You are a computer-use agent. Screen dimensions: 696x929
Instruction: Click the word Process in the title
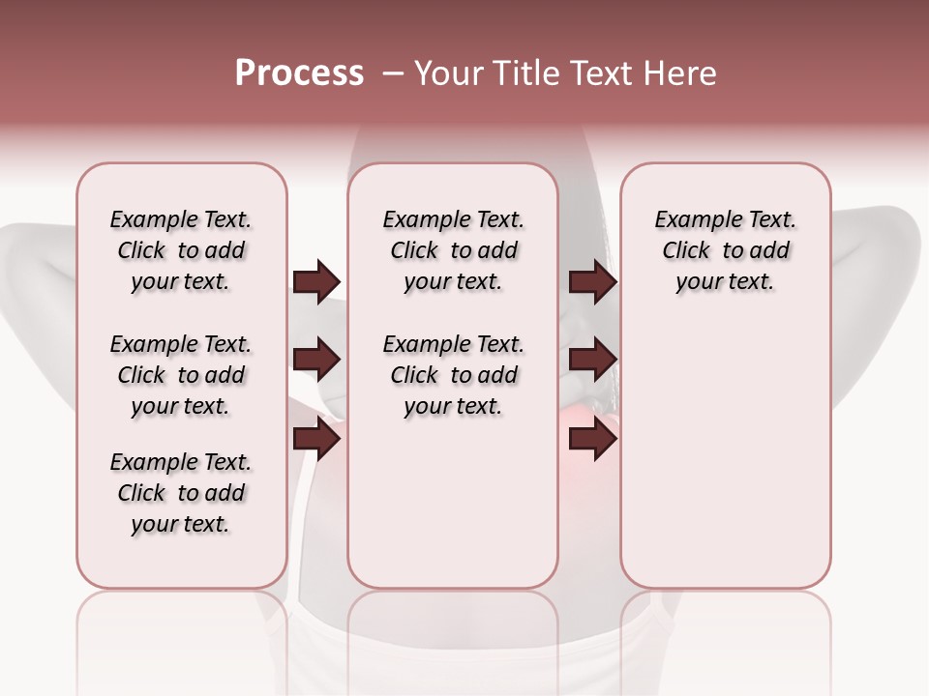click(299, 73)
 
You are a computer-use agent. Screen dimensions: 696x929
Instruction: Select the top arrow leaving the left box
click(316, 282)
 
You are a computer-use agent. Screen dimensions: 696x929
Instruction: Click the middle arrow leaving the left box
click(316, 361)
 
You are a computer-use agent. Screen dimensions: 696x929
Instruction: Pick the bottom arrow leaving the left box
click(316, 440)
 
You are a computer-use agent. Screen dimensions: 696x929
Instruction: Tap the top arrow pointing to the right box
click(592, 282)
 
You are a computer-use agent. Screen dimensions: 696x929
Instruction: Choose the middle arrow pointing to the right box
click(592, 361)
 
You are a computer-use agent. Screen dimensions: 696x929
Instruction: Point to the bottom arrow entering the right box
click(592, 440)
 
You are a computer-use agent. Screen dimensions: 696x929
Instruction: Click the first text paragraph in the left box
click(181, 250)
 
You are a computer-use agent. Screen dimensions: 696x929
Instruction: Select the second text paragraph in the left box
click(181, 375)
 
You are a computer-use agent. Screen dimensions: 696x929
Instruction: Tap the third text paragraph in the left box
click(181, 493)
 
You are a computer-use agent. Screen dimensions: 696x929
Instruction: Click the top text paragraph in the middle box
click(453, 250)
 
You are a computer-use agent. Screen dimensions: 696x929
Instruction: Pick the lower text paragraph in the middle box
click(453, 375)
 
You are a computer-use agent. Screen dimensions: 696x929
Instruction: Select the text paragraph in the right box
click(725, 250)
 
